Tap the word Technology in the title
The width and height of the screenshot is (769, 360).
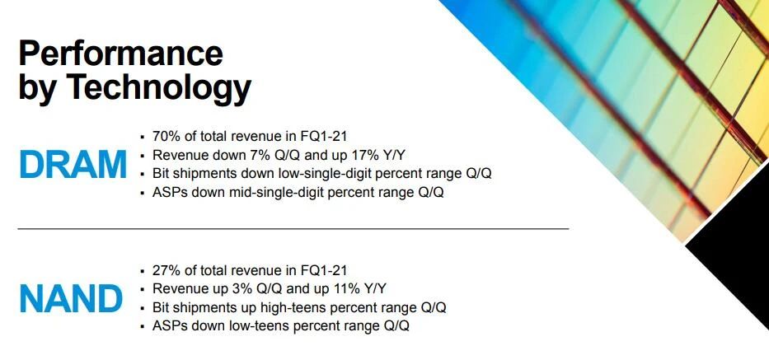(x=158, y=89)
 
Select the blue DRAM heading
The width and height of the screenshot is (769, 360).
(x=73, y=164)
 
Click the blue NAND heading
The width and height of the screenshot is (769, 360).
(x=71, y=298)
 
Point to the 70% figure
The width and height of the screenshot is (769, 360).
(x=164, y=135)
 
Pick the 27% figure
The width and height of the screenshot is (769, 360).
(x=164, y=269)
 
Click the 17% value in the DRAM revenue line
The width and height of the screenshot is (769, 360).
(x=365, y=155)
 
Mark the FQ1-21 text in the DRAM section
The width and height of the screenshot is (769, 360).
(x=324, y=135)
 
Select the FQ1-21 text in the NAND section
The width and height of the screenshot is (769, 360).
(x=324, y=269)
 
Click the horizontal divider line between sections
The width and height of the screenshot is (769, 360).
(x=293, y=228)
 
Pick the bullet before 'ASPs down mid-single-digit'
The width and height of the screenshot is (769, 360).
(x=143, y=193)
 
